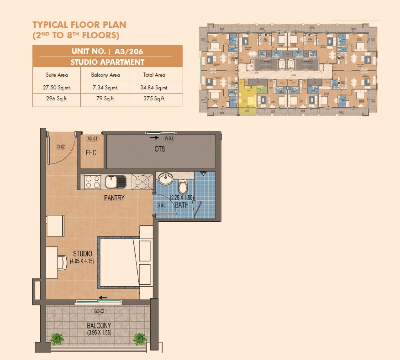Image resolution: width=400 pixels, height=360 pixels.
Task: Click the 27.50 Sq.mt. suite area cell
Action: click(57, 87)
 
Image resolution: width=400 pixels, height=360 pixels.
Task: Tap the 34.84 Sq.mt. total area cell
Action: click(155, 87)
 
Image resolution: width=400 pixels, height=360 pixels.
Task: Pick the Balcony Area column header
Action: click(105, 75)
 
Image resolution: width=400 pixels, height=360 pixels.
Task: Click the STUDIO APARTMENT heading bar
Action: click(107, 62)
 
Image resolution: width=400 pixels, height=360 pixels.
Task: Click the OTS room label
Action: click(159, 149)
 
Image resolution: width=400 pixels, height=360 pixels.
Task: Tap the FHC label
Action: click(91, 152)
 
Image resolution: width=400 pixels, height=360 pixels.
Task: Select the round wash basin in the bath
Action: click(164, 178)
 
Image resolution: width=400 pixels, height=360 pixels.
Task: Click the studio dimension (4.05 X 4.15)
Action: click(82, 261)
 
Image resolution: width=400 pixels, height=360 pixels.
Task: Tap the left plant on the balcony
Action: click(57, 339)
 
